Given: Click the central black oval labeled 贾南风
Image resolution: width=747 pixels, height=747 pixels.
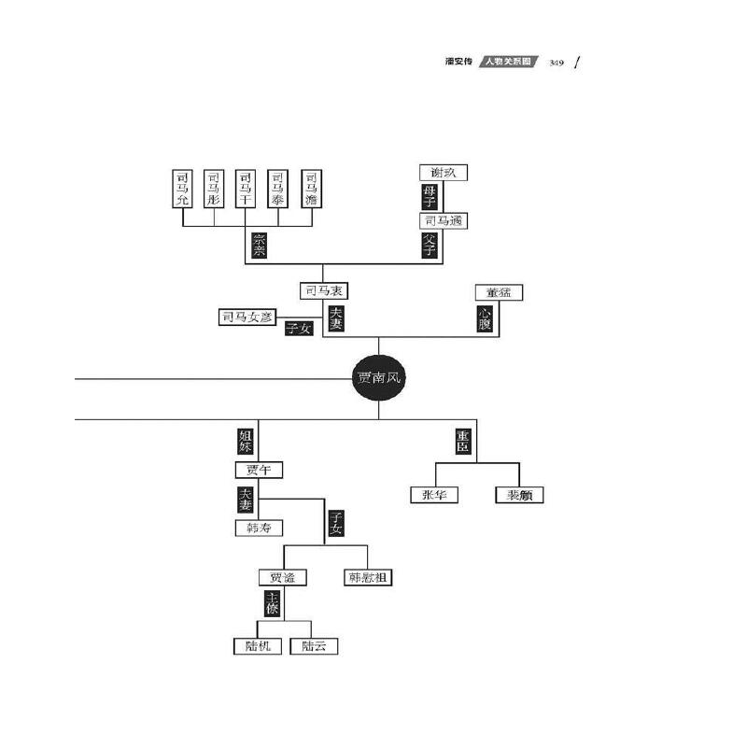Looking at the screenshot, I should coord(379,379).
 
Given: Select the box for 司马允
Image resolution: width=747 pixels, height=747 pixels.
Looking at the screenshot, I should coord(183,188).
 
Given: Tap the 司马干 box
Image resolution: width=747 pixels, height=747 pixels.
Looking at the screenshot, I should coord(246,188).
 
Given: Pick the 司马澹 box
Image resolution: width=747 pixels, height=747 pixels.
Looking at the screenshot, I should coord(312,188).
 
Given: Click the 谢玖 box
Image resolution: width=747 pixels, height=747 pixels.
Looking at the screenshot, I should coord(443,172).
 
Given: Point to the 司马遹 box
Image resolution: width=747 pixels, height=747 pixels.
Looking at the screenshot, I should coord(443,221).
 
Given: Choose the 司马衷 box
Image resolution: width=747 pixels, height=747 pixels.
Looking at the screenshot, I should coord(324,291).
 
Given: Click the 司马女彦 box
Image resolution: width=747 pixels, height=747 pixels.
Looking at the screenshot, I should coord(247,317).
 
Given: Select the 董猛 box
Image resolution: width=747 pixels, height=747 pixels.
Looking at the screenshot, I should coord(498,292).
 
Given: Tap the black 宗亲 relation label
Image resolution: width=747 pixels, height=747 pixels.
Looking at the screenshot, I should coord(260,246).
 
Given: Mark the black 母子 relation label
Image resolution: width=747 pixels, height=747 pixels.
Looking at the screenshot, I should coord(430,196).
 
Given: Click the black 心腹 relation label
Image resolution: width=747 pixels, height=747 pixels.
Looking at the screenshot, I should coord(485,318).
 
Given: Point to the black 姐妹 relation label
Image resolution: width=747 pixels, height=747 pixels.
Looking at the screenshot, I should coord(245,441).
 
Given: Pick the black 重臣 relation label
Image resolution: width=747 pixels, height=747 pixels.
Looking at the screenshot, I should coord(462,441).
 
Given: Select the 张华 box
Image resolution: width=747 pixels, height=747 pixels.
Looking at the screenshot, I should coord(434,495).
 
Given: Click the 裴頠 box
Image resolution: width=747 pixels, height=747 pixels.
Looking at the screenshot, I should coord(519,495).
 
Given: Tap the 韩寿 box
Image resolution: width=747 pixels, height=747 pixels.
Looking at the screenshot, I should coord(258,528).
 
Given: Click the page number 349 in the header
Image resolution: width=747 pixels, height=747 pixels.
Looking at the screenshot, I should coord(557,63).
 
